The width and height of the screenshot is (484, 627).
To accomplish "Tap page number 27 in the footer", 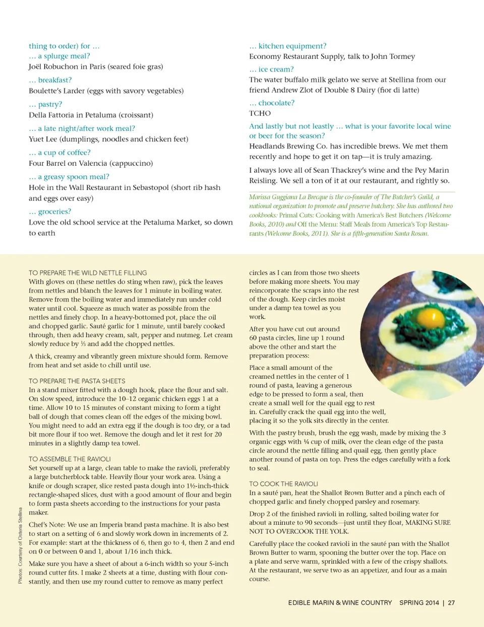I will pyautogui.click(x=451, y=603).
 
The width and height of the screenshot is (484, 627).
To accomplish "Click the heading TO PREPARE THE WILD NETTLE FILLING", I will pyautogui.click(x=88, y=273).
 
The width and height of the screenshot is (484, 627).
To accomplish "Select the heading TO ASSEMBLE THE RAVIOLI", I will pyautogui.click(x=70, y=459).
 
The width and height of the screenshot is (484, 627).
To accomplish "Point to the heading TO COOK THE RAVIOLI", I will pyautogui.click(x=283, y=484).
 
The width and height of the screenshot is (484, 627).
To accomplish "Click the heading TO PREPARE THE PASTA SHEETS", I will pyautogui.click(x=77, y=381).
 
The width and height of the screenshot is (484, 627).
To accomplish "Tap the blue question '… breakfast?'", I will pyautogui.click(x=50, y=80).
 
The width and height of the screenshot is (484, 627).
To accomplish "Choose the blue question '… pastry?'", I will pyautogui.click(x=45, y=104).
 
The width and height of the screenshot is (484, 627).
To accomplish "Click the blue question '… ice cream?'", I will pyautogui.click(x=271, y=69).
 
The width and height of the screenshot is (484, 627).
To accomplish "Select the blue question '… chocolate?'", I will pyautogui.click(x=272, y=103).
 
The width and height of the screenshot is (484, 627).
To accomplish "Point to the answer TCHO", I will pyautogui.click(x=260, y=113).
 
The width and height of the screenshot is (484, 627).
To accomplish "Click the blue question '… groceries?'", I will pyautogui.click(x=50, y=212).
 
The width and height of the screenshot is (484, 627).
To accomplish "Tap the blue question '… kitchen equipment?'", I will pyautogui.click(x=288, y=46).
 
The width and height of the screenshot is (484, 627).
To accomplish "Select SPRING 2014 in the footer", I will pyautogui.click(x=419, y=603).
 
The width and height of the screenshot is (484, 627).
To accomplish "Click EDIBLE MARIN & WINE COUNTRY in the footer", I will pyautogui.click(x=340, y=603).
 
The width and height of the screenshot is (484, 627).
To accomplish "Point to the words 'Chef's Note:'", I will pyautogui.click(x=47, y=525).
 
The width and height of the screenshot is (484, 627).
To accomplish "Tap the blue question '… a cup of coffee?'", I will pyautogui.click(x=59, y=153).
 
